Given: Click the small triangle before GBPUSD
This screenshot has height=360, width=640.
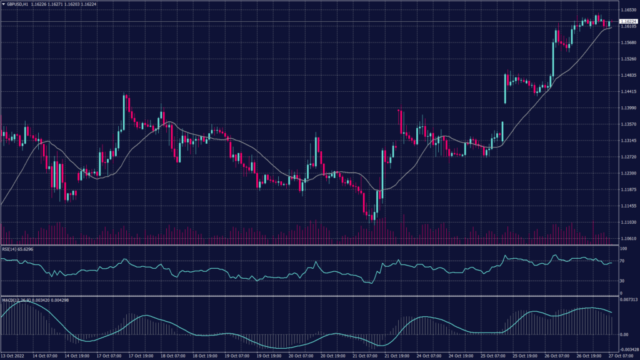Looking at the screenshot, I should coord(3,4).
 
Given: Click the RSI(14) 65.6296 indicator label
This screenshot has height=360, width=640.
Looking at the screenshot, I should coord(17,249).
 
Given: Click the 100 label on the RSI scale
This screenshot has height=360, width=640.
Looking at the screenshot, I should coord(622,249).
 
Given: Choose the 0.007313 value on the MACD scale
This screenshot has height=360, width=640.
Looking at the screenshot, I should coord(627,300).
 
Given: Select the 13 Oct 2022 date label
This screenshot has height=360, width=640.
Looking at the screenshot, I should coord(12,356).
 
